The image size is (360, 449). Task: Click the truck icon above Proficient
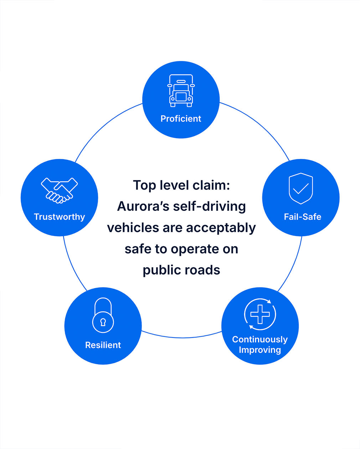click(x=181, y=91)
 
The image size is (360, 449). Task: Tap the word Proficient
click(x=181, y=119)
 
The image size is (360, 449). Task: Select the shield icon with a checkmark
click(x=301, y=188)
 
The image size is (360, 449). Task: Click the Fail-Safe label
click(x=302, y=217)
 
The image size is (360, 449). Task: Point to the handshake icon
click(x=59, y=190)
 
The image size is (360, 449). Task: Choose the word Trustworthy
click(x=59, y=217)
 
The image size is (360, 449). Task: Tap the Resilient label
click(x=103, y=345)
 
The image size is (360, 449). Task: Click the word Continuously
click(x=260, y=339)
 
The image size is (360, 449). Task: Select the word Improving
click(x=260, y=350)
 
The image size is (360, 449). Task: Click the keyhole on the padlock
click(x=103, y=322)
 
